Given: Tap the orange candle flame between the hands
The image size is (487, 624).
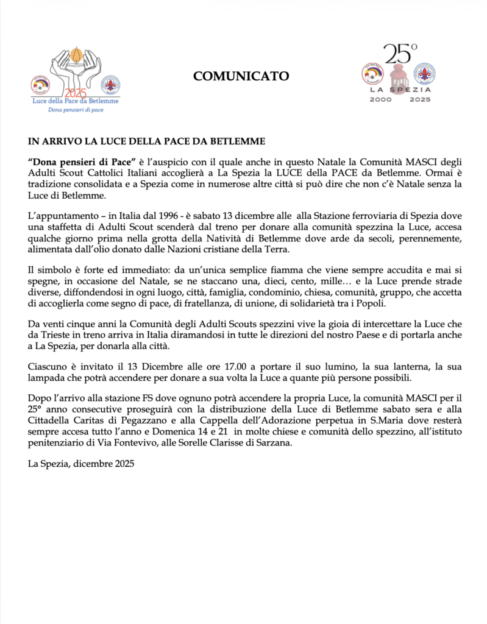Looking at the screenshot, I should pyautogui.click(x=76, y=58).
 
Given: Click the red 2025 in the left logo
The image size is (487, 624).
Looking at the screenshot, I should pyautogui.click(x=76, y=93).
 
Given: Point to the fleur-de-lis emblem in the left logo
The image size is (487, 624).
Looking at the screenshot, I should pyautogui.click(x=110, y=85).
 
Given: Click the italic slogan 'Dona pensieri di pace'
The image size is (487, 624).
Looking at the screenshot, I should pyautogui.click(x=76, y=110).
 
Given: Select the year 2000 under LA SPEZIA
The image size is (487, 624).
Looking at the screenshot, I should pyautogui.click(x=381, y=99).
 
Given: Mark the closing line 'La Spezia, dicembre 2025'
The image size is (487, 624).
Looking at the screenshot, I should pyautogui.click(x=81, y=464).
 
